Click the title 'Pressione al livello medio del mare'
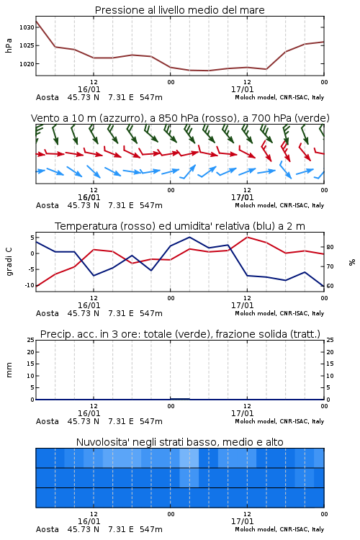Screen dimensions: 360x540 point(179,10)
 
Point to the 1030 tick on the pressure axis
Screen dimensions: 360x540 point(27,27)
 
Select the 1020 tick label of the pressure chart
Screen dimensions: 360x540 point(27,63)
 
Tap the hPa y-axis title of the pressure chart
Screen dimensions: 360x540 point(9,45)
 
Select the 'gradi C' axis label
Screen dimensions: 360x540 point(9,262)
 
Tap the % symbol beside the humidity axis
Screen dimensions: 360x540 point(352,262)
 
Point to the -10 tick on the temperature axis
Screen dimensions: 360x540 point(30,285)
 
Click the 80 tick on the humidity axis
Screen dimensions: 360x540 point(330,247)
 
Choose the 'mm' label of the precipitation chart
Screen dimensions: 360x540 point(9,370)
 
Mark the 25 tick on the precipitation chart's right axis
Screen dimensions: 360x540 point(330,340)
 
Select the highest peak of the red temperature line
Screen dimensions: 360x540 point(247,237)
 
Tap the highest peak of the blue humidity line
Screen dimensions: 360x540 point(190,237)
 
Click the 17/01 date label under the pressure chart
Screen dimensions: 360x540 point(242,89)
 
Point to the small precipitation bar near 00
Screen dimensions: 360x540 point(180,399)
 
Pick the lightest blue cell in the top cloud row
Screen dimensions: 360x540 point(189,458)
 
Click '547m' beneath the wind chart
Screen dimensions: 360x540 point(151,206)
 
